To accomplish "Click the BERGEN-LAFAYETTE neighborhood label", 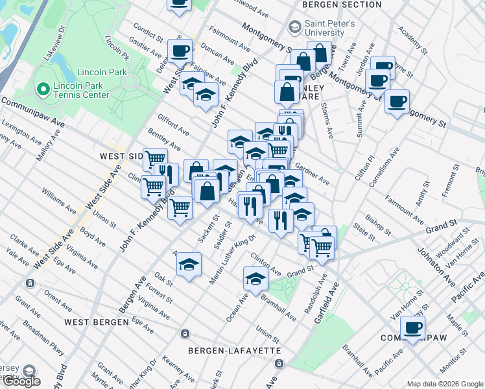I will point(234,350).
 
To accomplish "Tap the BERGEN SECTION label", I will point(342,5).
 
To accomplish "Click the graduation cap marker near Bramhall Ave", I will point(256,279).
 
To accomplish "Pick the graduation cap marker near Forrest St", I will point(189,265).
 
